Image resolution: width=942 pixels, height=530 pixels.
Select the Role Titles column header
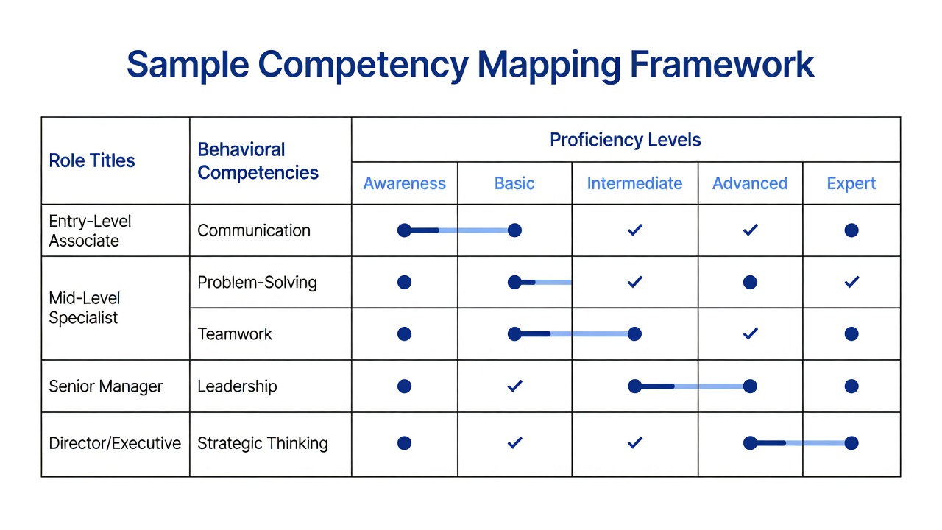[92, 160]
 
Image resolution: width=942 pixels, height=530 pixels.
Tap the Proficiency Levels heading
[626, 140]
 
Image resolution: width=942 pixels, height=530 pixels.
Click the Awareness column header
[404, 183]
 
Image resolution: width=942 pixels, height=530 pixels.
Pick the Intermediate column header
[634, 183]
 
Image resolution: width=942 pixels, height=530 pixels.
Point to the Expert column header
[851, 184]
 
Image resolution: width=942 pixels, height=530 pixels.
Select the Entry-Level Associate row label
[90, 231]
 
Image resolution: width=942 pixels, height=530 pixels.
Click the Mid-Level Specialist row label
[85, 308]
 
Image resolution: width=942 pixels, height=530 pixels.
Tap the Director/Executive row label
[115, 443]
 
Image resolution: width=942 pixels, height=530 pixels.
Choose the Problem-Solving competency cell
[257, 282]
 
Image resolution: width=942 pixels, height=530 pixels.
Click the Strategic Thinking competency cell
[263, 443]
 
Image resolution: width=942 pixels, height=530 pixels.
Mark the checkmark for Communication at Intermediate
[634, 230]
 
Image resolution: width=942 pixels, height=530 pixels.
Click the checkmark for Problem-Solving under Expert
[851, 281]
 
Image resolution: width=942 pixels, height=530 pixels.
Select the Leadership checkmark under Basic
[514, 385]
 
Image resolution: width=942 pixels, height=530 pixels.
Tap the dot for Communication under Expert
[851, 230]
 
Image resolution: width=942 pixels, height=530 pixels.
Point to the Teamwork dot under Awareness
[404, 334]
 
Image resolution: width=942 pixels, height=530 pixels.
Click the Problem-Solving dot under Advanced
[750, 282]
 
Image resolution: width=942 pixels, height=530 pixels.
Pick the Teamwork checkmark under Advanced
[750, 333]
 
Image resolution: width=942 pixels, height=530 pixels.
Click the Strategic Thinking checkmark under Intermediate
[634, 442]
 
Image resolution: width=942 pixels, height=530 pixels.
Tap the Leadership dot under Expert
[851, 386]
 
